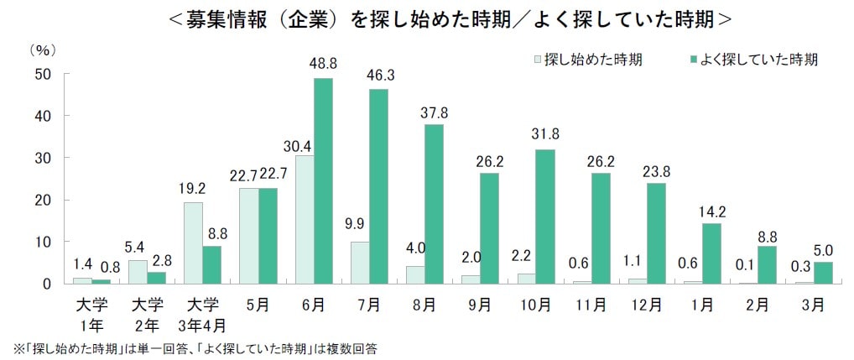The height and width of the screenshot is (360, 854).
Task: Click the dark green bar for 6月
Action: [323, 180]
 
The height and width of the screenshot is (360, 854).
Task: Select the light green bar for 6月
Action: [304, 219]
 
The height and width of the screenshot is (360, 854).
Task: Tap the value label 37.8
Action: [434, 112]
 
